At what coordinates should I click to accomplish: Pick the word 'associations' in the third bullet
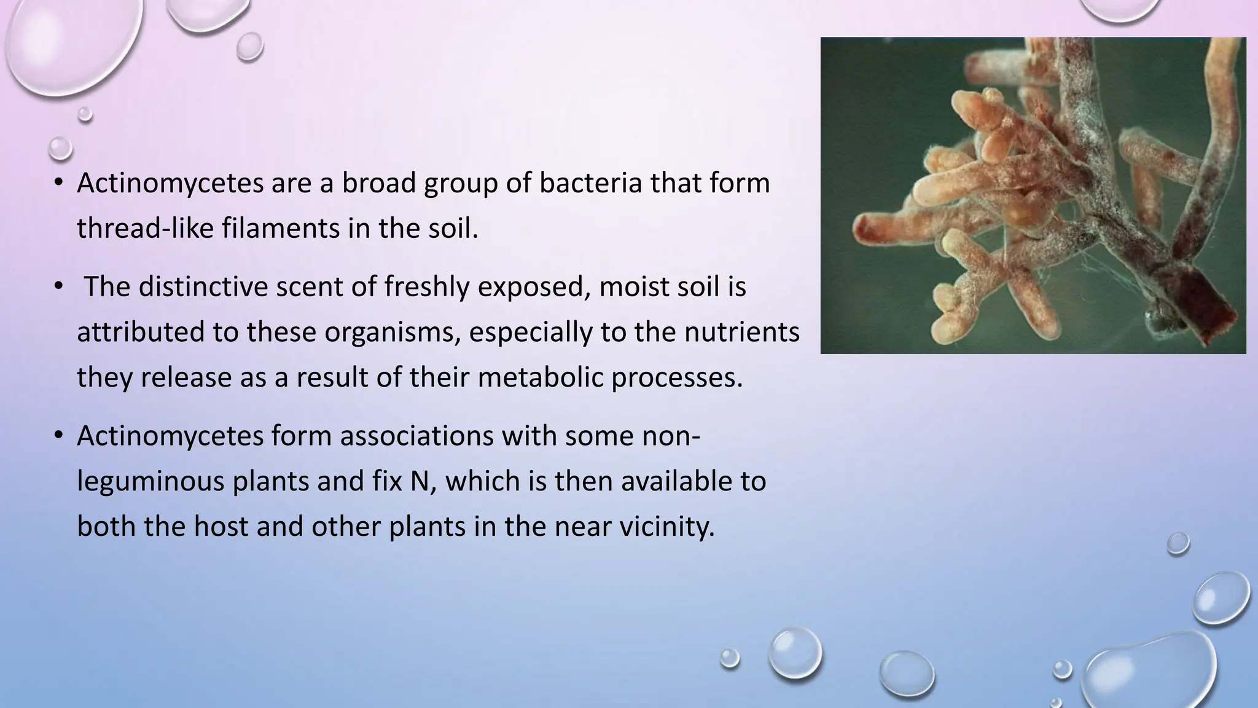coord(416,436)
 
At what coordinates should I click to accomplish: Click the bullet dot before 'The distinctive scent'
coord(58,286)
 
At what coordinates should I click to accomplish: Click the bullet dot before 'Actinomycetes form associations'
coord(58,435)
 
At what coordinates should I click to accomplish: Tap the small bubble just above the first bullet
coord(60,148)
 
